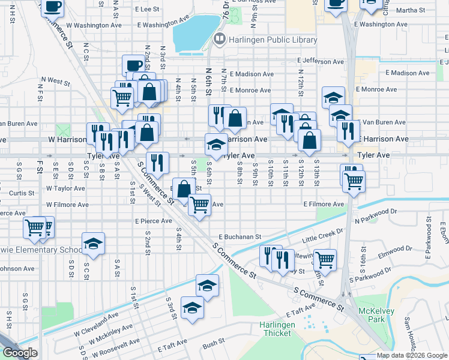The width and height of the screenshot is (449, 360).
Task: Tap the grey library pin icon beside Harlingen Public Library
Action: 219,40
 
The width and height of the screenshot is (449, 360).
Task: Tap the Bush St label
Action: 213,344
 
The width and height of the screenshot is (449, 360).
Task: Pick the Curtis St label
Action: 22,193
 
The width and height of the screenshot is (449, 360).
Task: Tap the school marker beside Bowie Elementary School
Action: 93,244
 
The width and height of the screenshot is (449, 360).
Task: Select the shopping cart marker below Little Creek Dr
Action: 325,259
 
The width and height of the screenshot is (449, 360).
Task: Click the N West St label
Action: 55,80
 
